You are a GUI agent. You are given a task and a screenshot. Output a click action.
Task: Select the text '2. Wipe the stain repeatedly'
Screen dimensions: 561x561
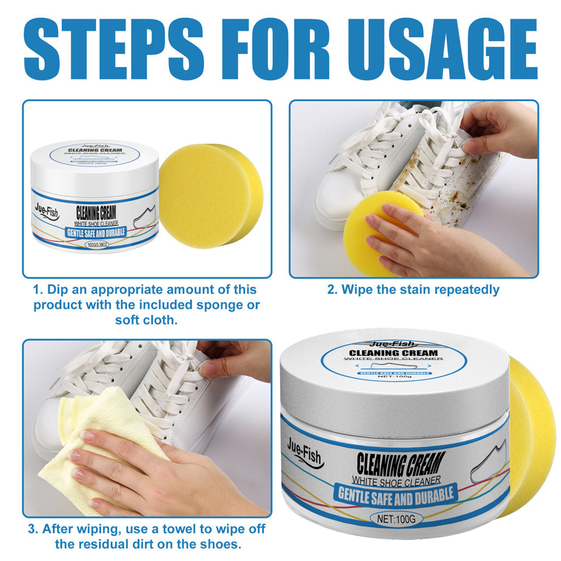(413, 290)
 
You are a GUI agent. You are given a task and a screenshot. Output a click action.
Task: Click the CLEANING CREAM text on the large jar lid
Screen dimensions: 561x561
(393, 353)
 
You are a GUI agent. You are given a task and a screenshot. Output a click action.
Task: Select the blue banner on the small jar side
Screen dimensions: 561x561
(96, 232)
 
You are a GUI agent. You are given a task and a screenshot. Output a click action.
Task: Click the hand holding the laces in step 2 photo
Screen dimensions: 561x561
(501, 130)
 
